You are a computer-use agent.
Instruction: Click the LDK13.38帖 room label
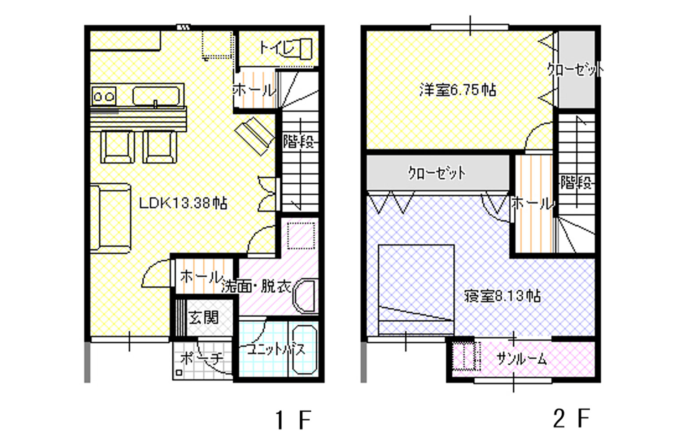(183, 203)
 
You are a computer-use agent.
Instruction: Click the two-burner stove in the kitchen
(104, 96)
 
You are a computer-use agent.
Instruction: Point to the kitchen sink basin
(156, 96)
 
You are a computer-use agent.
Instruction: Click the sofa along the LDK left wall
(110, 218)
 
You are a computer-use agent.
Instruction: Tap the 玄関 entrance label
(203, 318)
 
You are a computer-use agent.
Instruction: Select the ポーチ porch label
(201, 358)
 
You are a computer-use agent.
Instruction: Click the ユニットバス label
(276, 349)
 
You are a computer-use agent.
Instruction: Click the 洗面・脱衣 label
(256, 287)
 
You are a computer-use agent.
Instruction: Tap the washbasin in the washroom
(306, 296)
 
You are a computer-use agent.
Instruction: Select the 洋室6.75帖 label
(458, 90)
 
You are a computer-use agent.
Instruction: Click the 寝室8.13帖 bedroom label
(502, 296)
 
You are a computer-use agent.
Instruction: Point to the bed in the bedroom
(416, 289)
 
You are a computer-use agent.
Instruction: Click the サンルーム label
(521, 359)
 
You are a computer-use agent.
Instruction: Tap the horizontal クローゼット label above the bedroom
(437, 173)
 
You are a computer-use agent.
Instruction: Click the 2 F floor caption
(571, 418)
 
